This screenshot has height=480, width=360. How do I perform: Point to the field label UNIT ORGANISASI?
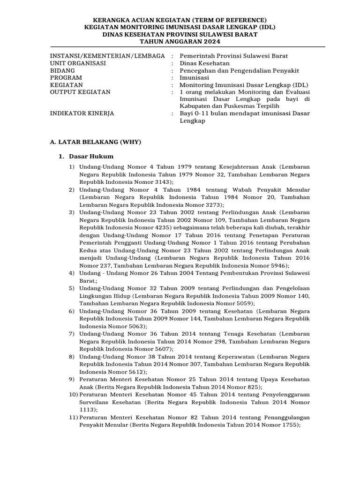click(78, 63)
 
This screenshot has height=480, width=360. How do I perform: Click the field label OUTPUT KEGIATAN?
click(80, 92)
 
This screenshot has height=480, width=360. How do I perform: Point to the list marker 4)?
click(72, 273)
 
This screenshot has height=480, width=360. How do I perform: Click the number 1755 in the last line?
click(288, 425)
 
